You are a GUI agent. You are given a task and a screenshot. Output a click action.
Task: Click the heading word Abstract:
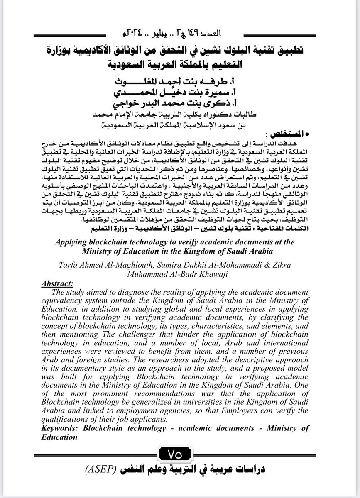[57, 284]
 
